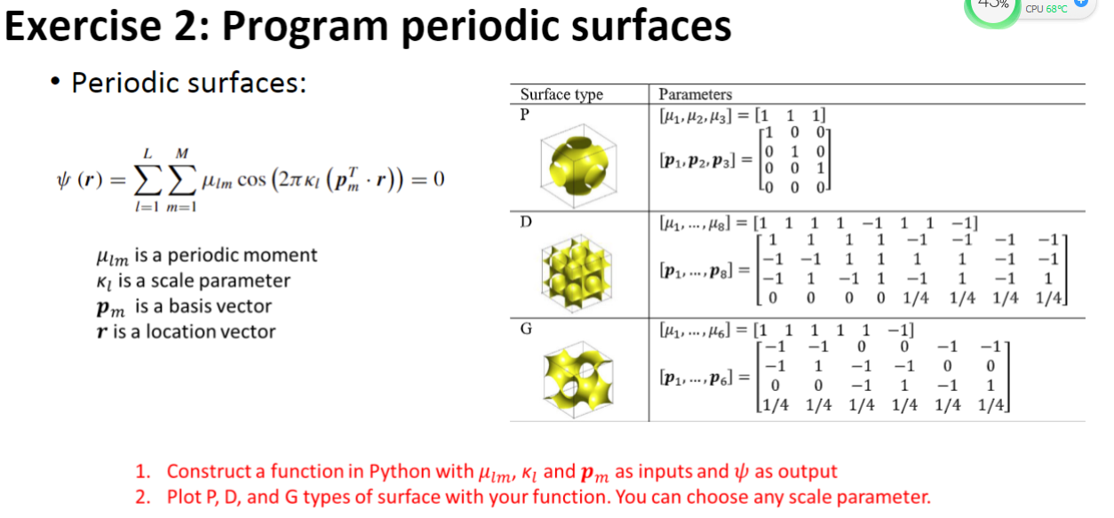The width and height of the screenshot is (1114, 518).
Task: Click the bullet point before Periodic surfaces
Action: coord(56,84)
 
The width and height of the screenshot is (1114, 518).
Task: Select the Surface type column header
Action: coord(561,94)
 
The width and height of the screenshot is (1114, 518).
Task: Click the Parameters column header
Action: coord(696,94)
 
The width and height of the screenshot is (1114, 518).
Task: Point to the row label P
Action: coord(524,113)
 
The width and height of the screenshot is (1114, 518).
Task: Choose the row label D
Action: coord(525,219)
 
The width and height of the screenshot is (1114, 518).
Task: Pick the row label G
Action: coord(526,328)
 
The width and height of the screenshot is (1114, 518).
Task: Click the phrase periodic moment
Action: coord(242,256)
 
